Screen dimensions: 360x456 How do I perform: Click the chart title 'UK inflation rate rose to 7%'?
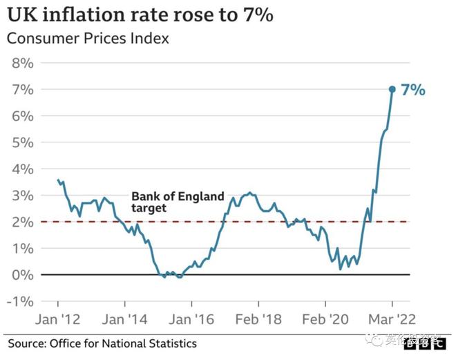pos(137,13)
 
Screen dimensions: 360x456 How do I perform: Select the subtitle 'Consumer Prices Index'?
pos(88,38)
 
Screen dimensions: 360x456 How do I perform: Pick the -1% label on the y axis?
pos(21,301)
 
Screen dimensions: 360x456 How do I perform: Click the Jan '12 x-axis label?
pos(57,320)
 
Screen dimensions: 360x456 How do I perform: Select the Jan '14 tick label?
pos(124,320)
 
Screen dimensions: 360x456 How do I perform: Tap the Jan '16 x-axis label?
pos(191,320)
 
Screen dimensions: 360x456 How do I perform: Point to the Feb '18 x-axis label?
pos(258,320)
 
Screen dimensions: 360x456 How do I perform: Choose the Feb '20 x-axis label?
pos(325,320)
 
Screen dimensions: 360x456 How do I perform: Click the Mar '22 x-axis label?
pos(392,320)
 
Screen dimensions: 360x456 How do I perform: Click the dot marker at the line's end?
pos(392,89)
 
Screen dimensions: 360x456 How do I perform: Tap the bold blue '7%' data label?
pos(413,90)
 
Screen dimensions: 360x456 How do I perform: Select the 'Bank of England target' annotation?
pos(178,202)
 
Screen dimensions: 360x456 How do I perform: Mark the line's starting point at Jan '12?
pos(57,180)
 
